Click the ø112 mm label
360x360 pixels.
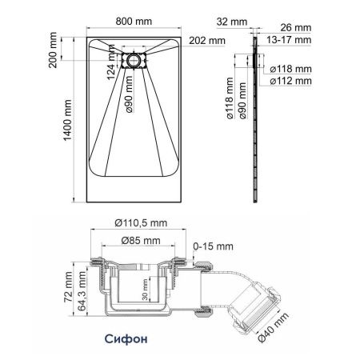click(x=290, y=81)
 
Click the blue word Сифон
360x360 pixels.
click(x=126, y=337)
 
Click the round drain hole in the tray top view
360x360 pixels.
click(x=134, y=60)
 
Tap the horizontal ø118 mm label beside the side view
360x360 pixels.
click(x=290, y=69)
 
